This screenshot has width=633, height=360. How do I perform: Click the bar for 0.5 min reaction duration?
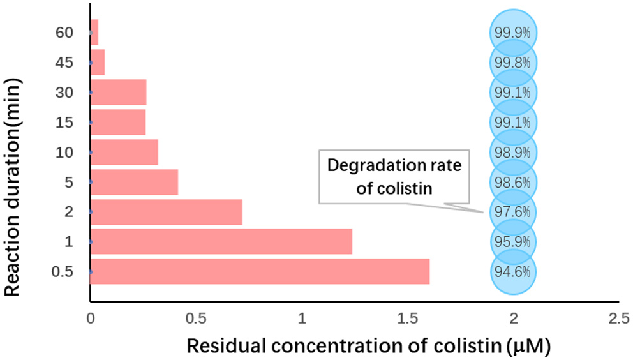[260, 271]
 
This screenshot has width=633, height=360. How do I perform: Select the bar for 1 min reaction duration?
[221, 241]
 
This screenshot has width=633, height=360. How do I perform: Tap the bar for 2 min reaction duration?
[166, 211]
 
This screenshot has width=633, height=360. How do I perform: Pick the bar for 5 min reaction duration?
[134, 182]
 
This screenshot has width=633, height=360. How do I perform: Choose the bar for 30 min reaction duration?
[119, 92]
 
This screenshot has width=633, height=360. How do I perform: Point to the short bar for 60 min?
[94, 32]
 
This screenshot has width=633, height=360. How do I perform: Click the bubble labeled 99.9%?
[513, 33]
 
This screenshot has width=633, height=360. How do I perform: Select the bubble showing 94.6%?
[513, 271]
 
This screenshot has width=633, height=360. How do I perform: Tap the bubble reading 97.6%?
[513, 211]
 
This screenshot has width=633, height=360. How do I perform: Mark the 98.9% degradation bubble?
[513, 152]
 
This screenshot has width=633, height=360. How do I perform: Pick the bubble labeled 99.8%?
[513, 63]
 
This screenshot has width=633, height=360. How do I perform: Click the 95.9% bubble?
[513, 241]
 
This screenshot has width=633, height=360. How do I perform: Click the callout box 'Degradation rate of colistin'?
[394, 177]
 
